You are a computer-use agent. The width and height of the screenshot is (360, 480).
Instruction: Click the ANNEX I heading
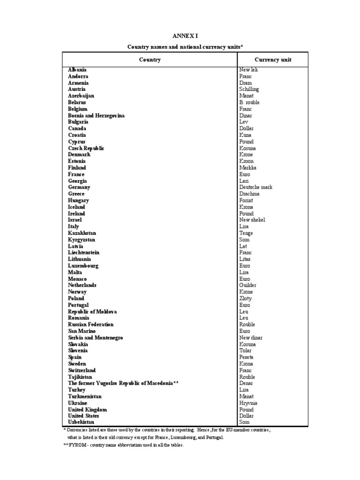[x=182, y=36]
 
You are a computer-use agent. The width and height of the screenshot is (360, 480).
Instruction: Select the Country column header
[x=150, y=60]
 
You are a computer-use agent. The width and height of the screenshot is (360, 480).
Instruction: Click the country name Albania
[x=77, y=69]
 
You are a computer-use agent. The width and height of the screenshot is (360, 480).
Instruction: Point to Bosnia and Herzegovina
[x=96, y=115]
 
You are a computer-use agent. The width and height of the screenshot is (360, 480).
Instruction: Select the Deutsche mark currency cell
[x=255, y=187]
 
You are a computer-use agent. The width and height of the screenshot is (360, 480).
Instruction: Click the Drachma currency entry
[x=249, y=194]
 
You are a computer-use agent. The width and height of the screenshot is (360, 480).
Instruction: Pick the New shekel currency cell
[x=252, y=220]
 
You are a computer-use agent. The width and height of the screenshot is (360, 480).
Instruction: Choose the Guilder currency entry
[x=247, y=285]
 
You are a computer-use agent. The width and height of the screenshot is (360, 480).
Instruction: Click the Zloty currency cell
[x=245, y=298]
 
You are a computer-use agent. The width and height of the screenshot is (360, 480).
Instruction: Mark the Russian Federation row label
[x=90, y=324]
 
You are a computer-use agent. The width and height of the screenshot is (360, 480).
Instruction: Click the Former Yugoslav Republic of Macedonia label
[x=124, y=383]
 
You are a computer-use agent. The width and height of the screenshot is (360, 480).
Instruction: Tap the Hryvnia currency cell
[x=248, y=403]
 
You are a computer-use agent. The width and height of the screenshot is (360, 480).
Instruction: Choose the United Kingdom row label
[x=87, y=409]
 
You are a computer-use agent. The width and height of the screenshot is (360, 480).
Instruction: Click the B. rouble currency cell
[x=249, y=102]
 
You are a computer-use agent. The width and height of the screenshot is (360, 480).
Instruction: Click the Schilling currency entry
[x=249, y=89]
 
